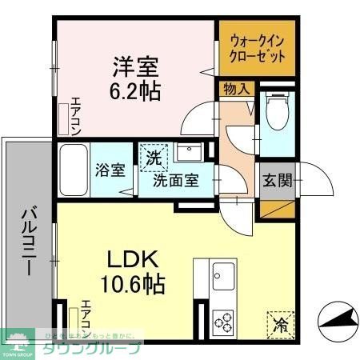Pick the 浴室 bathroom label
112,171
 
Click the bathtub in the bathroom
73,170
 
